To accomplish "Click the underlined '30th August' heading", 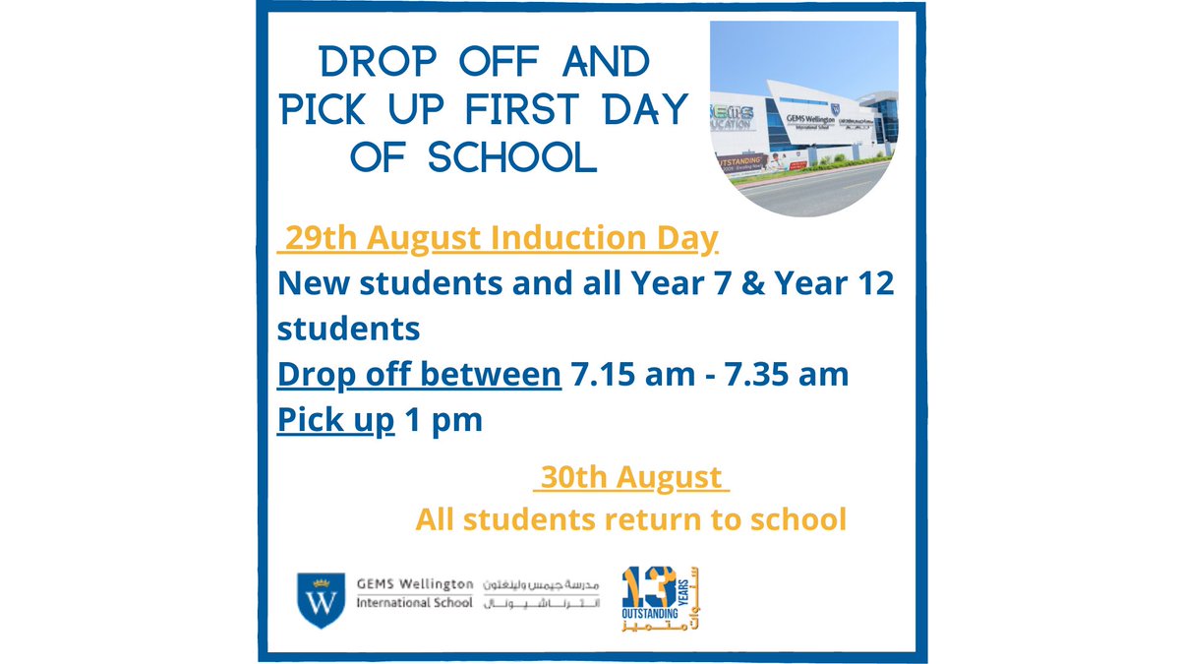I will click(630, 478).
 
